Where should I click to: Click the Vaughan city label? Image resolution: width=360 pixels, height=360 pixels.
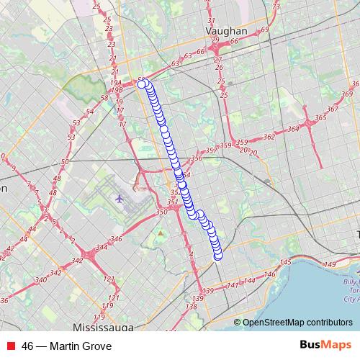[226, 32]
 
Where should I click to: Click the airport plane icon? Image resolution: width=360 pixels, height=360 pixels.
[119, 197]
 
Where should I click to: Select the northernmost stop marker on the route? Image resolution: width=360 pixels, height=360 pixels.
[142, 84]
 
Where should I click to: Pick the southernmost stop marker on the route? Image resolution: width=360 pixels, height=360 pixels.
[218, 256]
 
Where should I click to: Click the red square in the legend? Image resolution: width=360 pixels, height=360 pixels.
[11, 346]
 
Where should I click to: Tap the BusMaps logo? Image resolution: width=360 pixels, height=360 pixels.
[326, 346]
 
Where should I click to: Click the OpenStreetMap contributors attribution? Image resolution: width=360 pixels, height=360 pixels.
[297, 322]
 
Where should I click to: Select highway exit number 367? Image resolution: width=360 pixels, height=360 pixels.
[332, 109]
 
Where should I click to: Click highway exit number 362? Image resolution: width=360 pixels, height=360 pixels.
[269, 136]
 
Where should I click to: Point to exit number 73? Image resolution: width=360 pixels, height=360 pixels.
[276, 7]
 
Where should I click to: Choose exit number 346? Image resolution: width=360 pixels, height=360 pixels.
[116, 238]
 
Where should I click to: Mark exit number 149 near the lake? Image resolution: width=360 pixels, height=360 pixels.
[330, 266]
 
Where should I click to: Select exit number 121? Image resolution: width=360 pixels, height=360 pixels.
[109, 279]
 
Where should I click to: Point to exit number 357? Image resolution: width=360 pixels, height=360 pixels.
[211, 150]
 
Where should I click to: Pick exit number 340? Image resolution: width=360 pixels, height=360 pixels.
[42, 279]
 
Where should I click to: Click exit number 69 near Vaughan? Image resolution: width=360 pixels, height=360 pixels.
[265, 29]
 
